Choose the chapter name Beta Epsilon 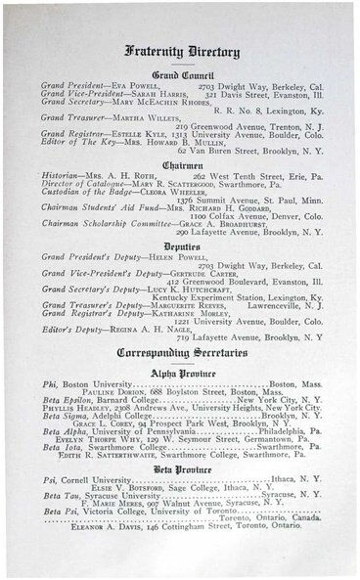pyautogui.click(x=64, y=400)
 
